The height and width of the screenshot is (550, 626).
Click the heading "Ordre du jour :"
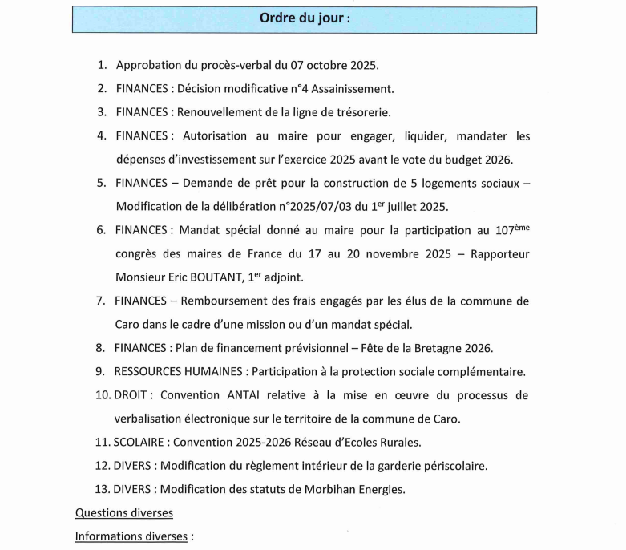pos(305,18)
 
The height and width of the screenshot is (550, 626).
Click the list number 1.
pos(101,65)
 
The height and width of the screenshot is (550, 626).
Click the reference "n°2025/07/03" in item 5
pos(322,207)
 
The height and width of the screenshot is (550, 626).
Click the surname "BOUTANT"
pos(246,277)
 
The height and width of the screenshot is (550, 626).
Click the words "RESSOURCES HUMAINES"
pos(179,372)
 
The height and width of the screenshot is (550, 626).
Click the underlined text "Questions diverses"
pos(124,513)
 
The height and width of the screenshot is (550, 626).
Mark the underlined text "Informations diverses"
pos(131,536)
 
